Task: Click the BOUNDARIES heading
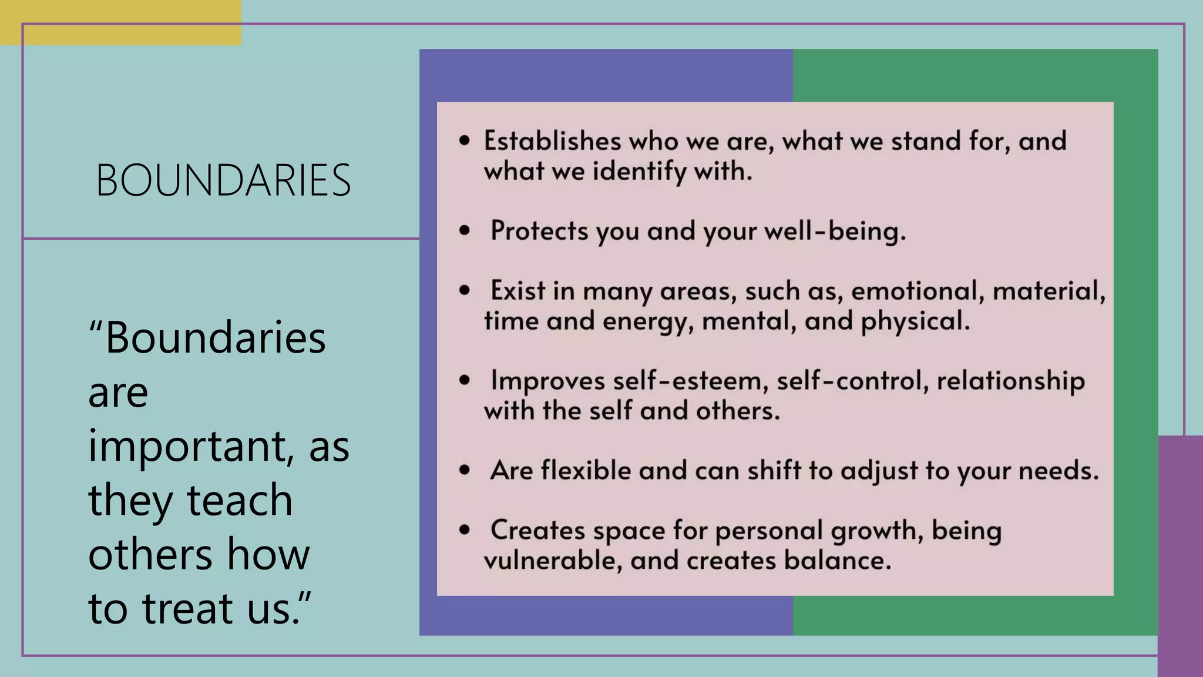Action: [x=223, y=180]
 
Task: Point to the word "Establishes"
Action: [x=552, y=141]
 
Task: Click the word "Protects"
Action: [x=539, y=231]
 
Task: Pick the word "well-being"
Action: [x=835, y=231]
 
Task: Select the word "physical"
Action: [x=915, y=321]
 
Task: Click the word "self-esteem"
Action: [x=691, y=381]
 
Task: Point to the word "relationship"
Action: [x=1010, y=381]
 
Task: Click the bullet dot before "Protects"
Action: [x=465, y=231]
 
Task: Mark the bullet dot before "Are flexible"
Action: [x=465, y=470]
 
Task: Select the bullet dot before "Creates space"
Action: [x=465, y=530]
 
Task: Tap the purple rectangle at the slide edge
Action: [x=1180, y=555]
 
